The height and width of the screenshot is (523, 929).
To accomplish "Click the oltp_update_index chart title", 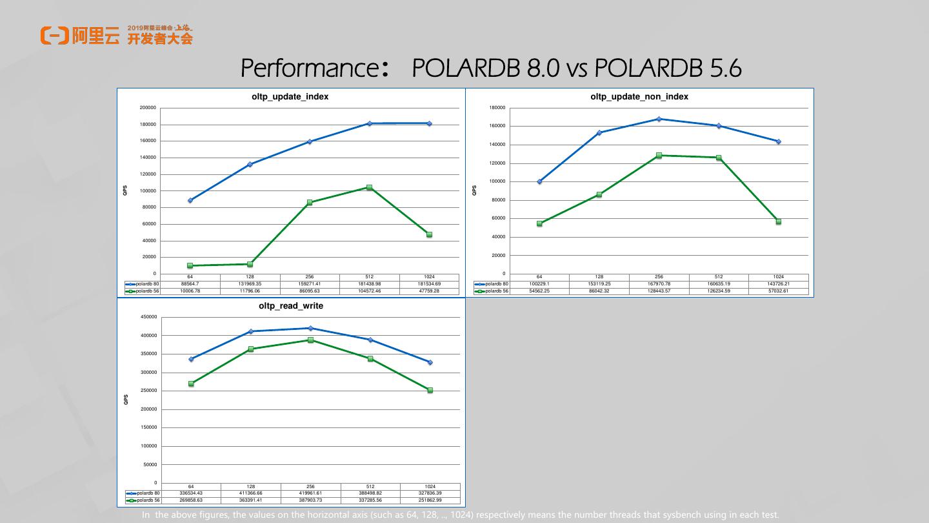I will (290, 96).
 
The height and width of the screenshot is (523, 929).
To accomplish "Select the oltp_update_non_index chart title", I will (639, 96).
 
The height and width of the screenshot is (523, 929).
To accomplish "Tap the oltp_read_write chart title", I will (290, 305).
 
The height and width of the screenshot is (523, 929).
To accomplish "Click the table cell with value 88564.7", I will (190, 284).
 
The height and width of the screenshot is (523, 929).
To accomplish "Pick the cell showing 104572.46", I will (369, 291).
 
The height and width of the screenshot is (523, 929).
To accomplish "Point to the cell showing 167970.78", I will (659, 284).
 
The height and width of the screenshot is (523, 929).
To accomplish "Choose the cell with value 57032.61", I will (778, 291).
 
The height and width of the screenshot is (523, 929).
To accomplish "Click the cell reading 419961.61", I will (310, 493).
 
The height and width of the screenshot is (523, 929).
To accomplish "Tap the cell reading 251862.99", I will (430, 500).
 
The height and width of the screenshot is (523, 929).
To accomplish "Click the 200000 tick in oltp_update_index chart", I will (148, 108).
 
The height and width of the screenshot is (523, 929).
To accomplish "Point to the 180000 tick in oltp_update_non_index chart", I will (497, 108).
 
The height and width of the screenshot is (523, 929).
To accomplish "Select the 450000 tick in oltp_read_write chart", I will (148, 317).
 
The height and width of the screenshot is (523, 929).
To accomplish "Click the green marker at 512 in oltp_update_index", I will (369, 187).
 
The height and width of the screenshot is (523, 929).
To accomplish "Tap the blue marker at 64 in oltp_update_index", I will (190, 200).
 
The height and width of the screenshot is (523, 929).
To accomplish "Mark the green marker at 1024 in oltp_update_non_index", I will (778, 221).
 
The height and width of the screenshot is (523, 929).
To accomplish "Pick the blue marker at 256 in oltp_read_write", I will (310, 328).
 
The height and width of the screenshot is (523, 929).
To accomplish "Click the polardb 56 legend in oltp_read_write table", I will (143, 500).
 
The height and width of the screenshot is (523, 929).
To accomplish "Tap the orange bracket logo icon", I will (54, 36).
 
